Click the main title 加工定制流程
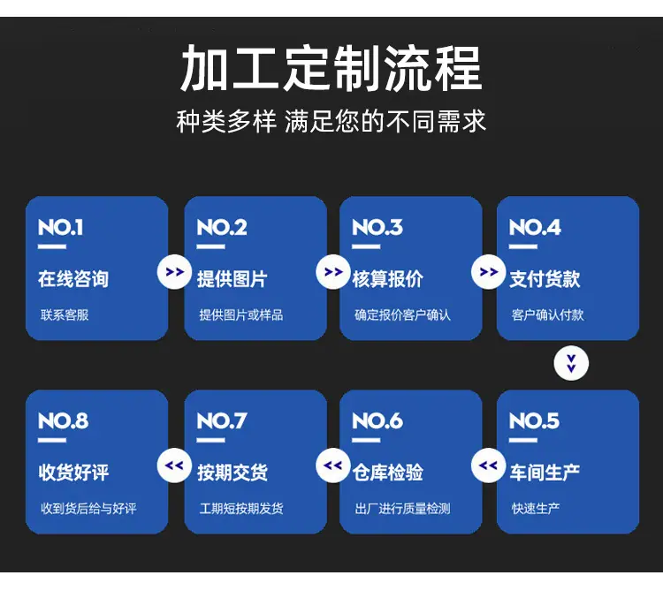(331, 69)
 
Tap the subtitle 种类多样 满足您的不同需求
(331, 121)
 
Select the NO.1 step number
(60, 227)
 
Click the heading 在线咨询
(73, 279)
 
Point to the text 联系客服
(65, 314)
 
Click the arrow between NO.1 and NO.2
(174, 272)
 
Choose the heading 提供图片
(232, 279)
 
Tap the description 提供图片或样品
(241, 314)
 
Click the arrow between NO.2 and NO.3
(333, 272)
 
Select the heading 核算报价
(388, 279)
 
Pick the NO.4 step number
(535, 227)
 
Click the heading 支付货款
(545, 279)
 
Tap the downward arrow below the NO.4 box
(571, 363)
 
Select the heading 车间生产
(545, 473)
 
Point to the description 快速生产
(536, 509)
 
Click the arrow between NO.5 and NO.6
(488, 466)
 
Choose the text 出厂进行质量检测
(402, 509)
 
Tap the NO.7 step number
(222, 421)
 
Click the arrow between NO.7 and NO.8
(174, 466)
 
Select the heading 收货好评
(73, 473)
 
